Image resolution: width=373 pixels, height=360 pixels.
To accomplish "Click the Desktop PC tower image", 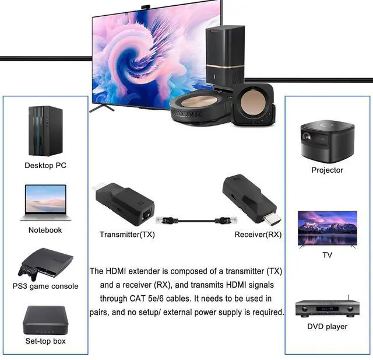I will (x=45, y=130).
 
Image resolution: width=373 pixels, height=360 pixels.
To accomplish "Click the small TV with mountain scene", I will (x=327, y=228).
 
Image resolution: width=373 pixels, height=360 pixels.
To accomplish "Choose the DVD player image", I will (x=327, y=306).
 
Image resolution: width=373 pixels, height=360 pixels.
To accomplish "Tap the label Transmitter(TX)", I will (x=126, y=235).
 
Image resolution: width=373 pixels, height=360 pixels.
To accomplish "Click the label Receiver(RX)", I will (x=258, y=235).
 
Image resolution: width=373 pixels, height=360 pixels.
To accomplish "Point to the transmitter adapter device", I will (x=124, y=205).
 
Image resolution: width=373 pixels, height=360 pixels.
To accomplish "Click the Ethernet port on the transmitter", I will (x=146, y=215).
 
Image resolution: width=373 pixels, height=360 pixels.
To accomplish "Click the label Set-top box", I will (x=45, y=341).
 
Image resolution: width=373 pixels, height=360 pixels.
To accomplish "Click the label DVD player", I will (x=327, y=326).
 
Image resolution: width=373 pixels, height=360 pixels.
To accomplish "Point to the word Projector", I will (x=327, y=170).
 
